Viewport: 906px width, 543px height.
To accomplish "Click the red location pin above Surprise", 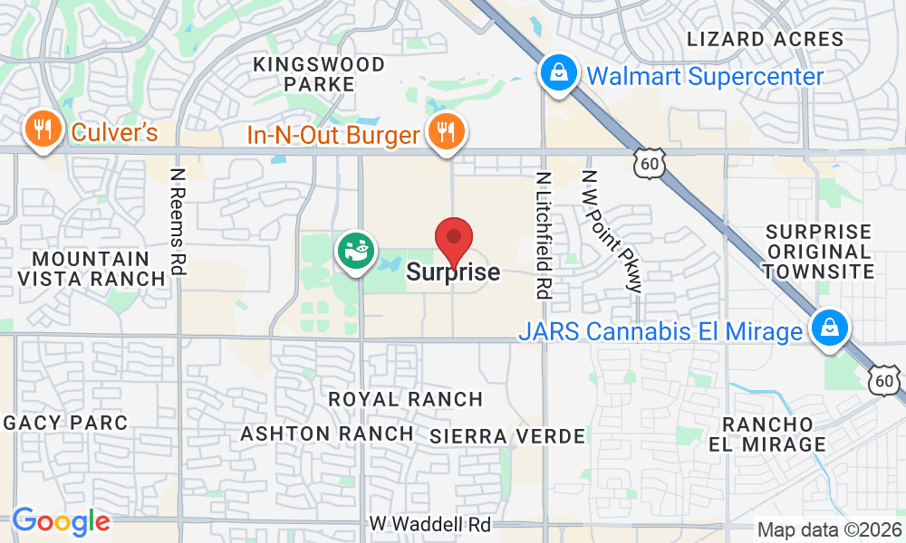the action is point(454,239).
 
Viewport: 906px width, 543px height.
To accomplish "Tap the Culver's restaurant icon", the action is point(41,130).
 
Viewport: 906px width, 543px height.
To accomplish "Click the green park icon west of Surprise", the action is point(354,251).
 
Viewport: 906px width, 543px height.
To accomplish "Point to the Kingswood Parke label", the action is point(318,74).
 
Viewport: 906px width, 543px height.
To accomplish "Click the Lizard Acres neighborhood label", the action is point(766,39).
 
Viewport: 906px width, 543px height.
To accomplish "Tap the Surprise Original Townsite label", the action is point(818,252).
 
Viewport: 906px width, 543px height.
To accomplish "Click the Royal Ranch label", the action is point(405,399).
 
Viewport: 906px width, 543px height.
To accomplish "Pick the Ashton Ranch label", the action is point(327,433).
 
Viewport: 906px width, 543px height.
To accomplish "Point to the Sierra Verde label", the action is point(507,436).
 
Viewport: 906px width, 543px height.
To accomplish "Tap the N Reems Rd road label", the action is point(178,218).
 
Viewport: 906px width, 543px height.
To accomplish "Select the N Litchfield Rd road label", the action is point(544,235).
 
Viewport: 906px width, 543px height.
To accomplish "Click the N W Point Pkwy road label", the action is point(612,230).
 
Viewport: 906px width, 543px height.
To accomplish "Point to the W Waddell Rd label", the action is point(430,524).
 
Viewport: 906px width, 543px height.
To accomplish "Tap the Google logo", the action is point(61,521).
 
